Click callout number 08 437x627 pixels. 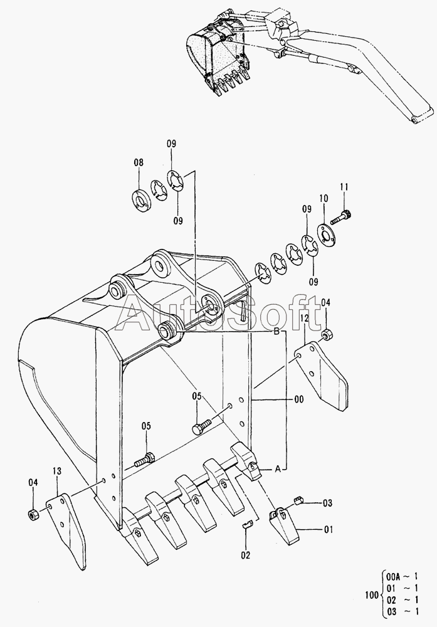point(139,163)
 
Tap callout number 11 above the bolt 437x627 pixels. point(344,186)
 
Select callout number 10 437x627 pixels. point(324,198)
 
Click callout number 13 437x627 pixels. point(57,471)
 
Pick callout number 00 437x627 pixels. point(298,399)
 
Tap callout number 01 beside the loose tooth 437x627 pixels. point(329,530)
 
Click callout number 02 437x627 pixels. point(246,555)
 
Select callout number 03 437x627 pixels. point(327,503)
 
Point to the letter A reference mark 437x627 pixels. point(278,469)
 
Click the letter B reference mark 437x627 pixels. point(276,332)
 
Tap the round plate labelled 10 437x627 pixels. point(326,236)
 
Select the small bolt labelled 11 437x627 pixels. point(341,217)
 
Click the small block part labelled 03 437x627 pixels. point(298,500)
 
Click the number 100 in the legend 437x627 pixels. point(371,595)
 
